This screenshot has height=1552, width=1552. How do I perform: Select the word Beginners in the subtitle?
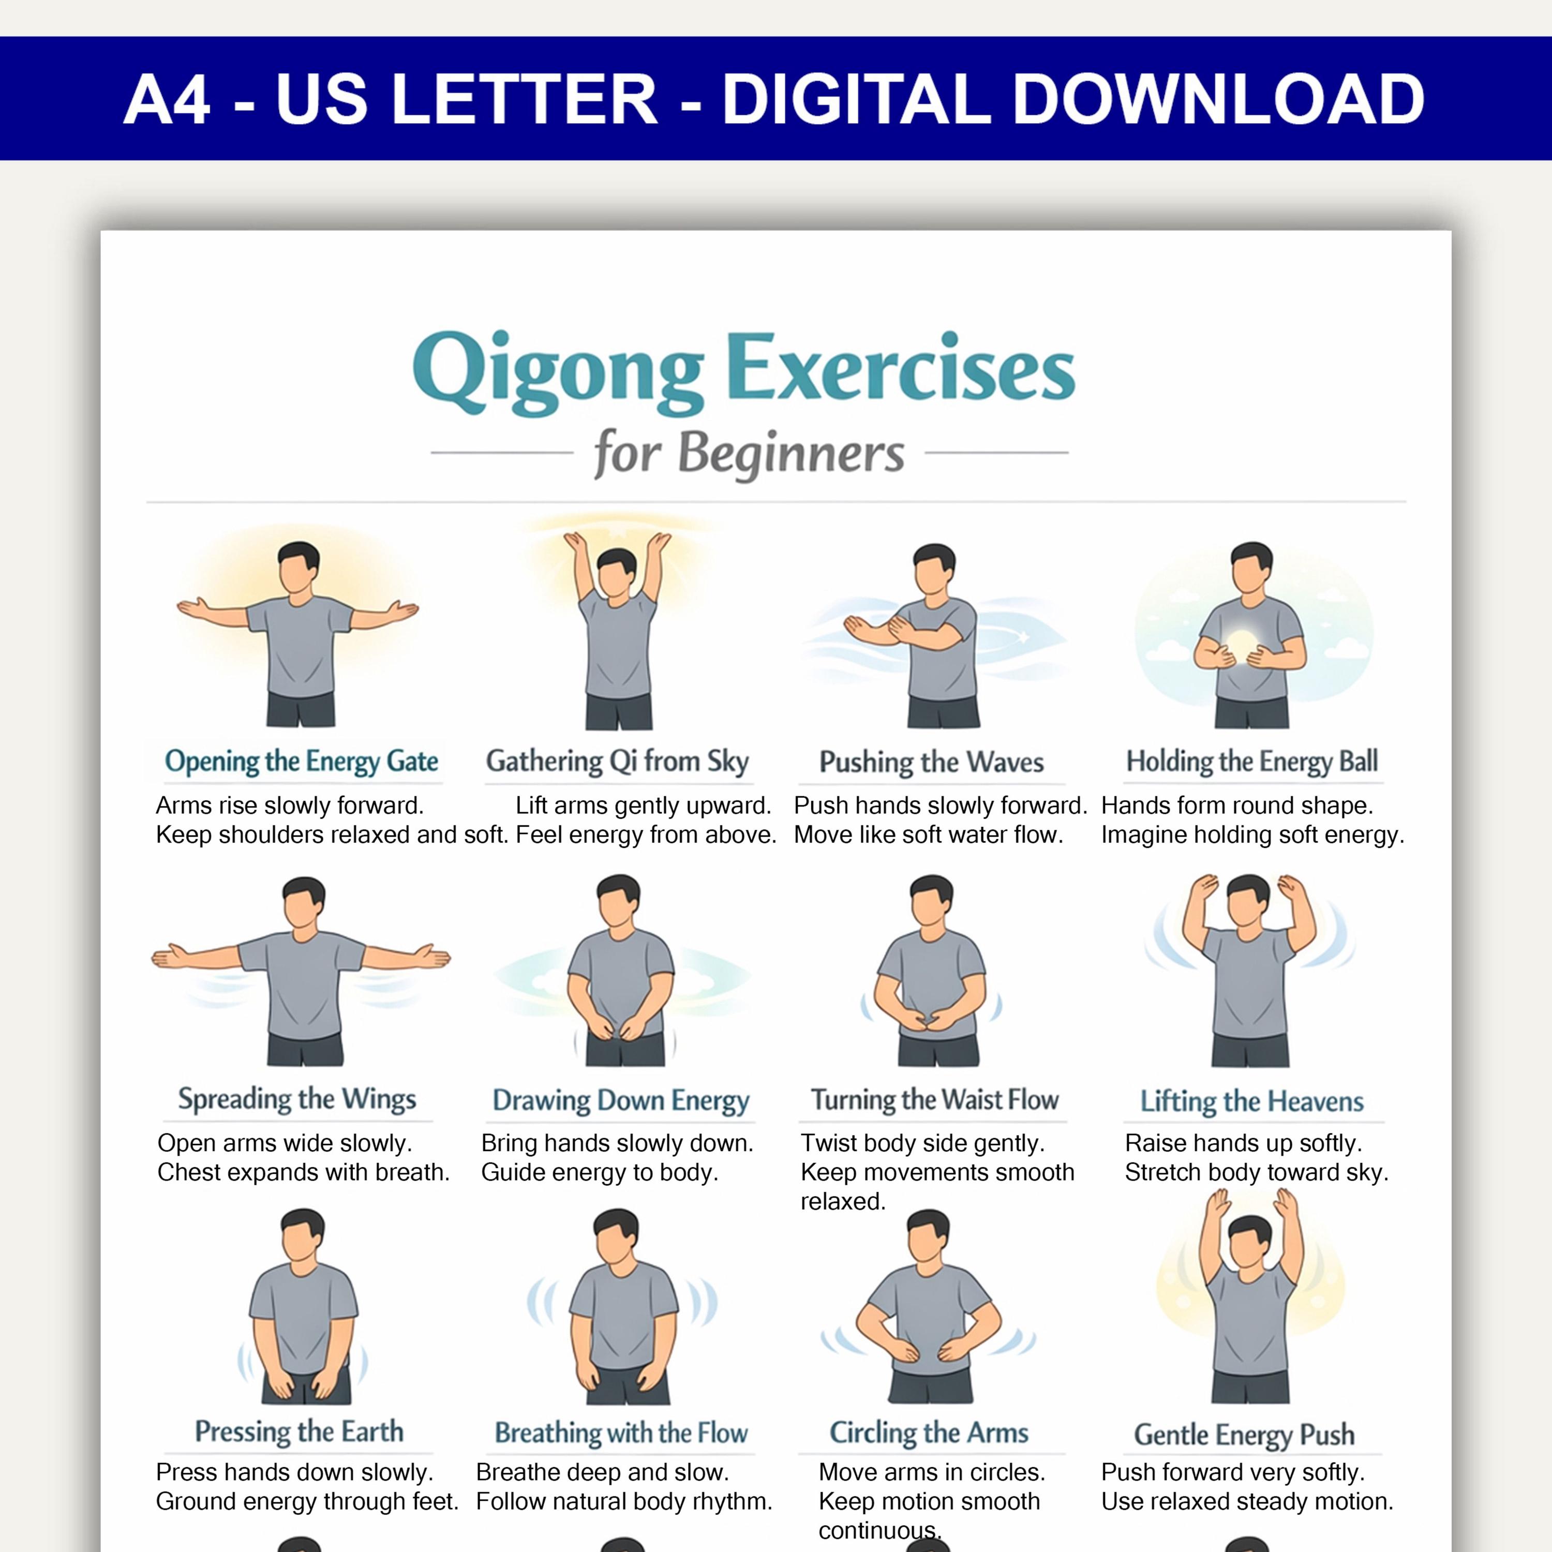(x=792, y=455)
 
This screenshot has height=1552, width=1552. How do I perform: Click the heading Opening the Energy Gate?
(x=301, y=760)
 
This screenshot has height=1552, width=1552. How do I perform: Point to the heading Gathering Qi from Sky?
(x=617, y=760)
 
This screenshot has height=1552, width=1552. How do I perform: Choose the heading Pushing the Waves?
(x=931, y=762)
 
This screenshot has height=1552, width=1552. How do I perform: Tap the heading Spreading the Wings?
(x=297, y=1099)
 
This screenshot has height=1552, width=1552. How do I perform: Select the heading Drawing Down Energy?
(x=621, y=1100)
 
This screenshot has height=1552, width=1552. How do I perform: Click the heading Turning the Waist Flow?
(x=934, y=1099)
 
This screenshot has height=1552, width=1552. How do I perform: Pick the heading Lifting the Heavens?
(x=1251, y=1100)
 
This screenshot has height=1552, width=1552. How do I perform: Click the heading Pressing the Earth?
(x=299, y=1431)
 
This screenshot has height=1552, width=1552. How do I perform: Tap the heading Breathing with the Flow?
(x=621, y=1432)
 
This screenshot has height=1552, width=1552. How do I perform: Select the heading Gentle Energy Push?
(x=1244, y=1434)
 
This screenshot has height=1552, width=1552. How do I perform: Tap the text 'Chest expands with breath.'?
(x=304, y=1172)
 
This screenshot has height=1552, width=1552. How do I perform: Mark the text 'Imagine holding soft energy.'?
(x=1253, y=834)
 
